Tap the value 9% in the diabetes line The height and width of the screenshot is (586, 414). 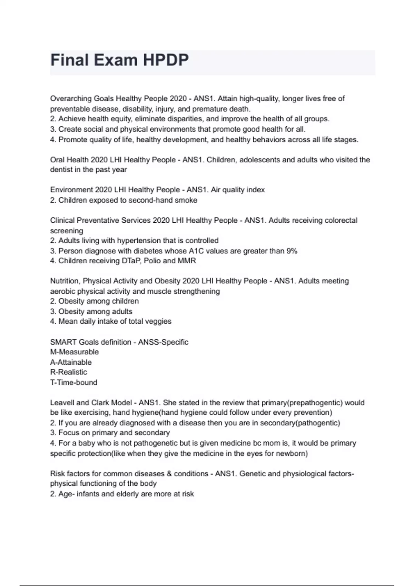pos(292,251)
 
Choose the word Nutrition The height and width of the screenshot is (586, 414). pos(65,281)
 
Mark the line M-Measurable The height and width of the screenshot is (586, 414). pos(75,352)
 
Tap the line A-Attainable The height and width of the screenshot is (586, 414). pos(71,362)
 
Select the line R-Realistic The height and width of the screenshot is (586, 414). pos(69,372)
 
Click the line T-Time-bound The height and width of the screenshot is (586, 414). pos(73,382)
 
